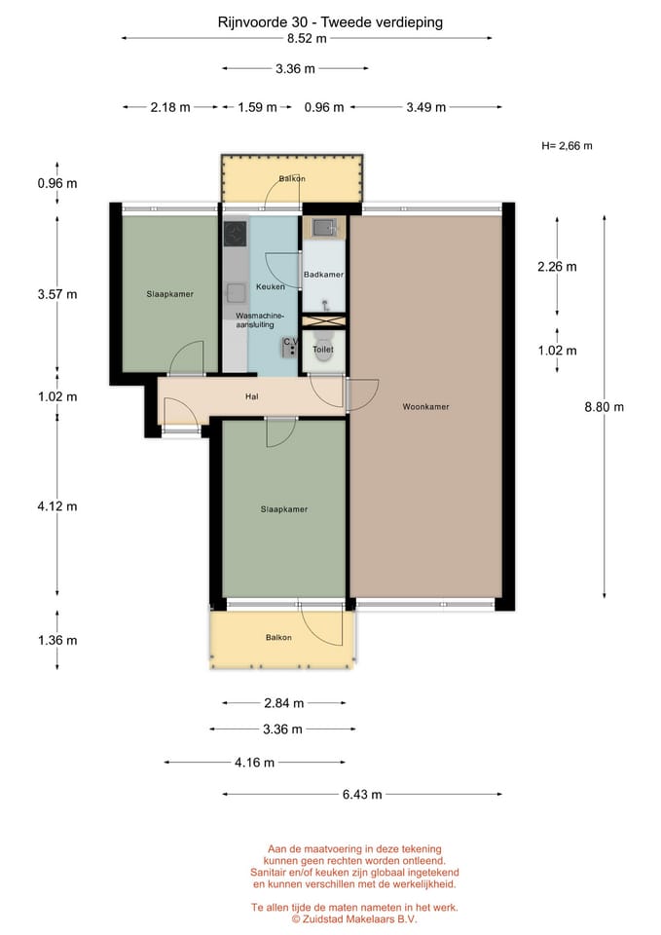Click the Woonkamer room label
point(425,407)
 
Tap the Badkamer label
point(323,275)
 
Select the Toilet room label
point(323,350)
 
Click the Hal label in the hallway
point(251,396)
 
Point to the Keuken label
point(271,286)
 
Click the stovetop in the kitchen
point(236,233)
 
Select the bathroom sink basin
point(323,227)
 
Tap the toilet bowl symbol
point(323,354)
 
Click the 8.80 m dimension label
point(605,407)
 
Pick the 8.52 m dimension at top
point(307,38)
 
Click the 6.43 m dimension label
point(362,795)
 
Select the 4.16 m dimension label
point(254,762)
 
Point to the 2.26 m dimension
point(557,267)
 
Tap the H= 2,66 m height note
point(567,145)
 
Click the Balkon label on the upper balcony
point(292,178)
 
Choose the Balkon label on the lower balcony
point(279,637)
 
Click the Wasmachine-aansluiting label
point(259,320)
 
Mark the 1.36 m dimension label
point(57,641)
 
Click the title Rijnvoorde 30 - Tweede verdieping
point(330,22)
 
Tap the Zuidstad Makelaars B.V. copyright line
point(354,918)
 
